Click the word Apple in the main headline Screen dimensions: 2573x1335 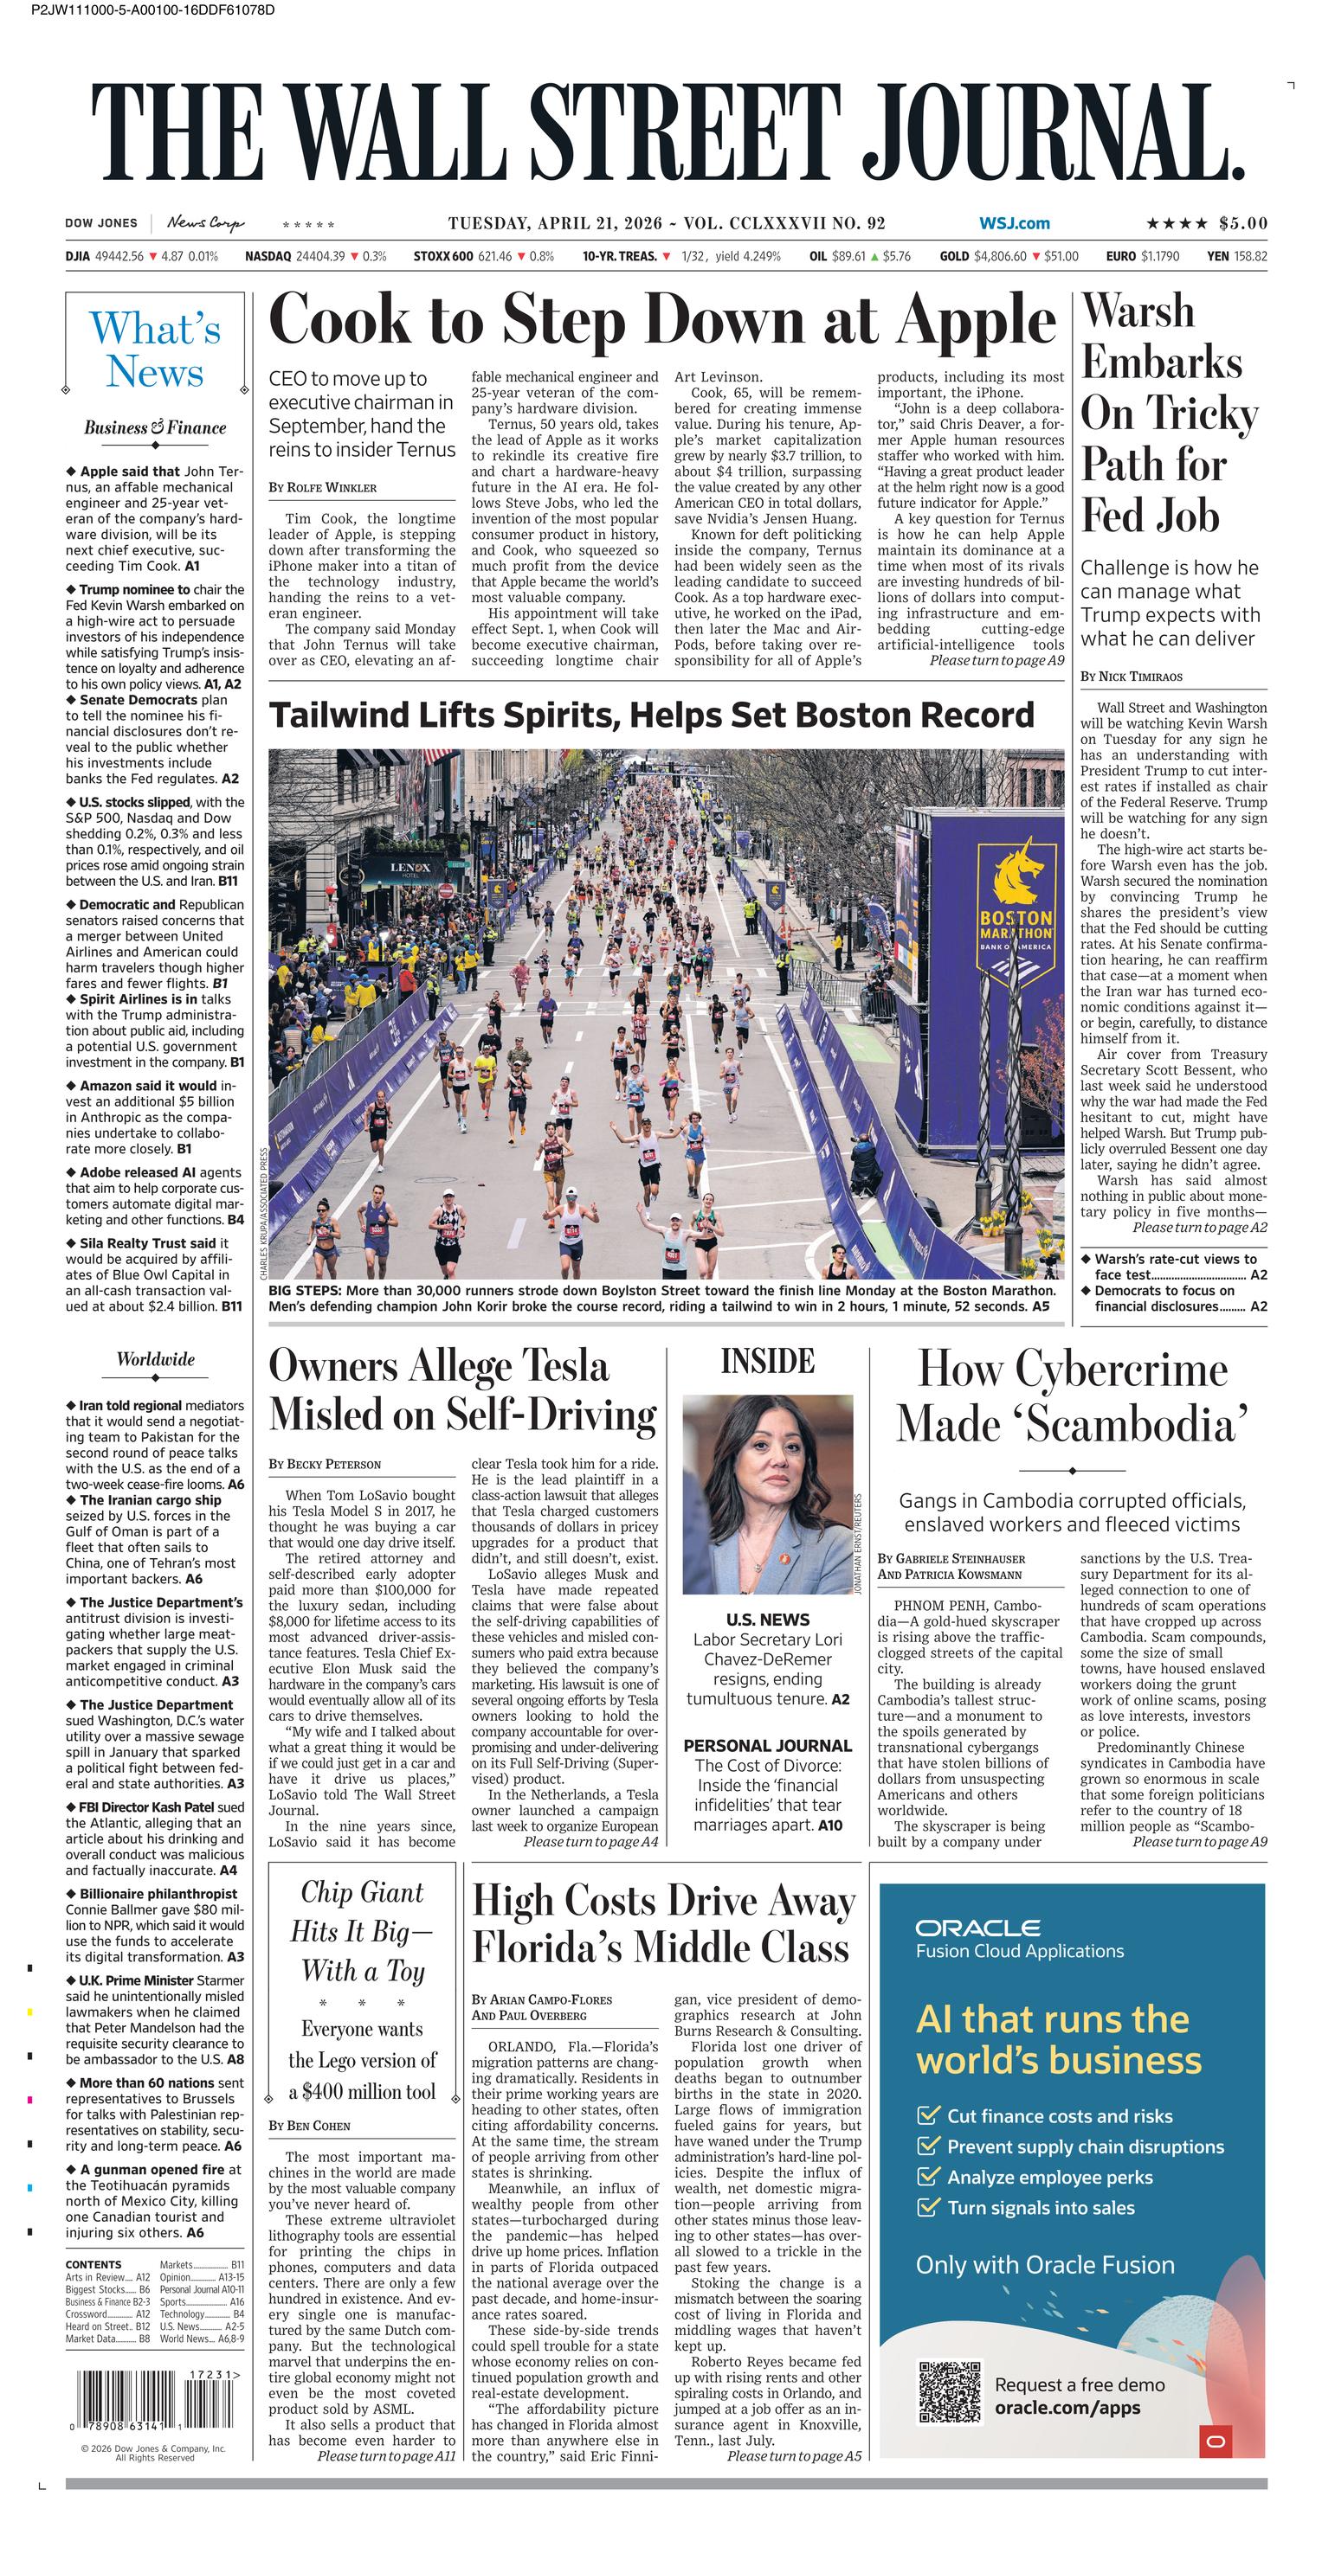click(x=977, y=321)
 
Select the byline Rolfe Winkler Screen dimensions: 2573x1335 click(x=323, y=486)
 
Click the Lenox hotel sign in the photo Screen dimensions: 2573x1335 click(x=410, y=867)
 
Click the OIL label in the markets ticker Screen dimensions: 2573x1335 click(x=818, y=256)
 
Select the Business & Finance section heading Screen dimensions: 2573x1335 click(x=155, y=427)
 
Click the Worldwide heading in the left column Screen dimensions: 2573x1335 click(x=155, y=1358)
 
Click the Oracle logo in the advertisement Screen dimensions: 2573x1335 click(x=977, y=1927)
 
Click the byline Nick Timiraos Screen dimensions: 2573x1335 click(x=1130, y=677)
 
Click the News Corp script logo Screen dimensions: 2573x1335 click(x=205, y=222)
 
